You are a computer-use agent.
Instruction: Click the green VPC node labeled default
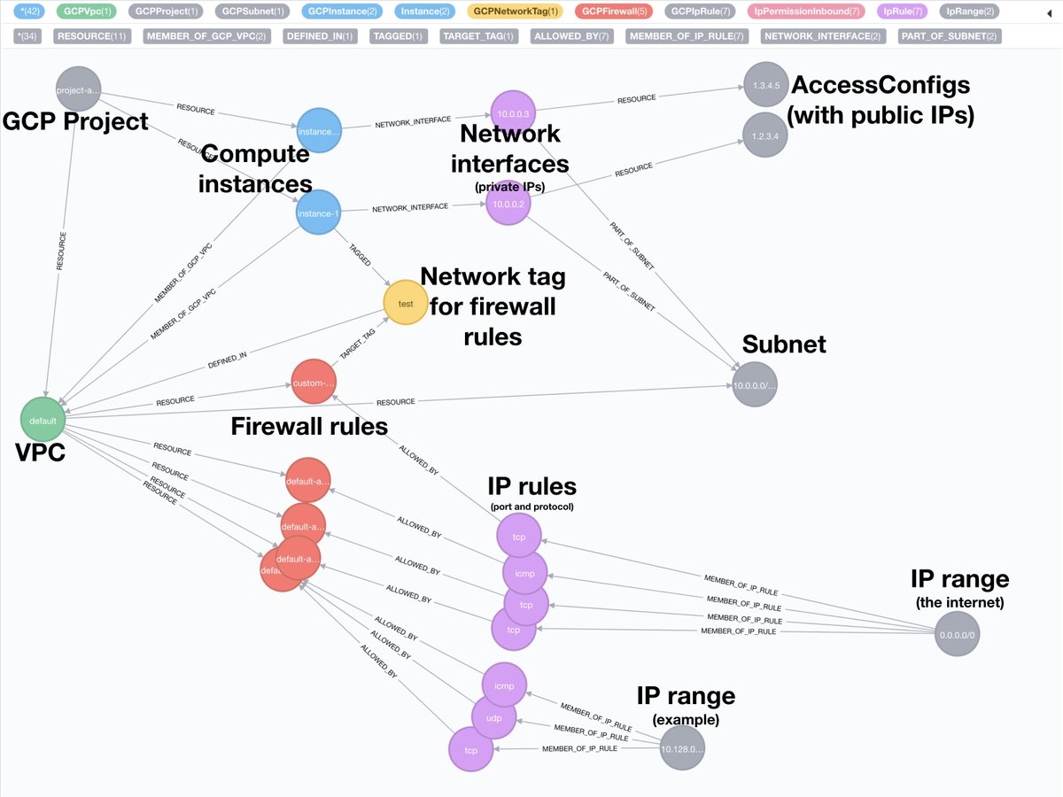click(43, 421)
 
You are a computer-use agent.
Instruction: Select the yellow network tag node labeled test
click(406, 303)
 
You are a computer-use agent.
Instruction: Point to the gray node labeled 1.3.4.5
click(765, 85)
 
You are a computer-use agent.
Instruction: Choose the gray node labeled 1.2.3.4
click(765, 135)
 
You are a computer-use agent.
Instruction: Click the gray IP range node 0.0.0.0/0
click(958, 634)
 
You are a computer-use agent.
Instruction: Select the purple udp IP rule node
click(493, 718)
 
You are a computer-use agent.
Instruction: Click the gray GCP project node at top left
click(77, 89)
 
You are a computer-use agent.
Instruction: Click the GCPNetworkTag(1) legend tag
click(516, 12)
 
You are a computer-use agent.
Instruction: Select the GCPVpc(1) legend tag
click(89, 12)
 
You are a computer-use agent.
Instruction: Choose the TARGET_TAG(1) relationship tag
click(480, 36)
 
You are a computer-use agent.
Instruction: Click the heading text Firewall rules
click(309, 427)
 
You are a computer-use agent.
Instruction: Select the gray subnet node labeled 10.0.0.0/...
click(758, 386)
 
